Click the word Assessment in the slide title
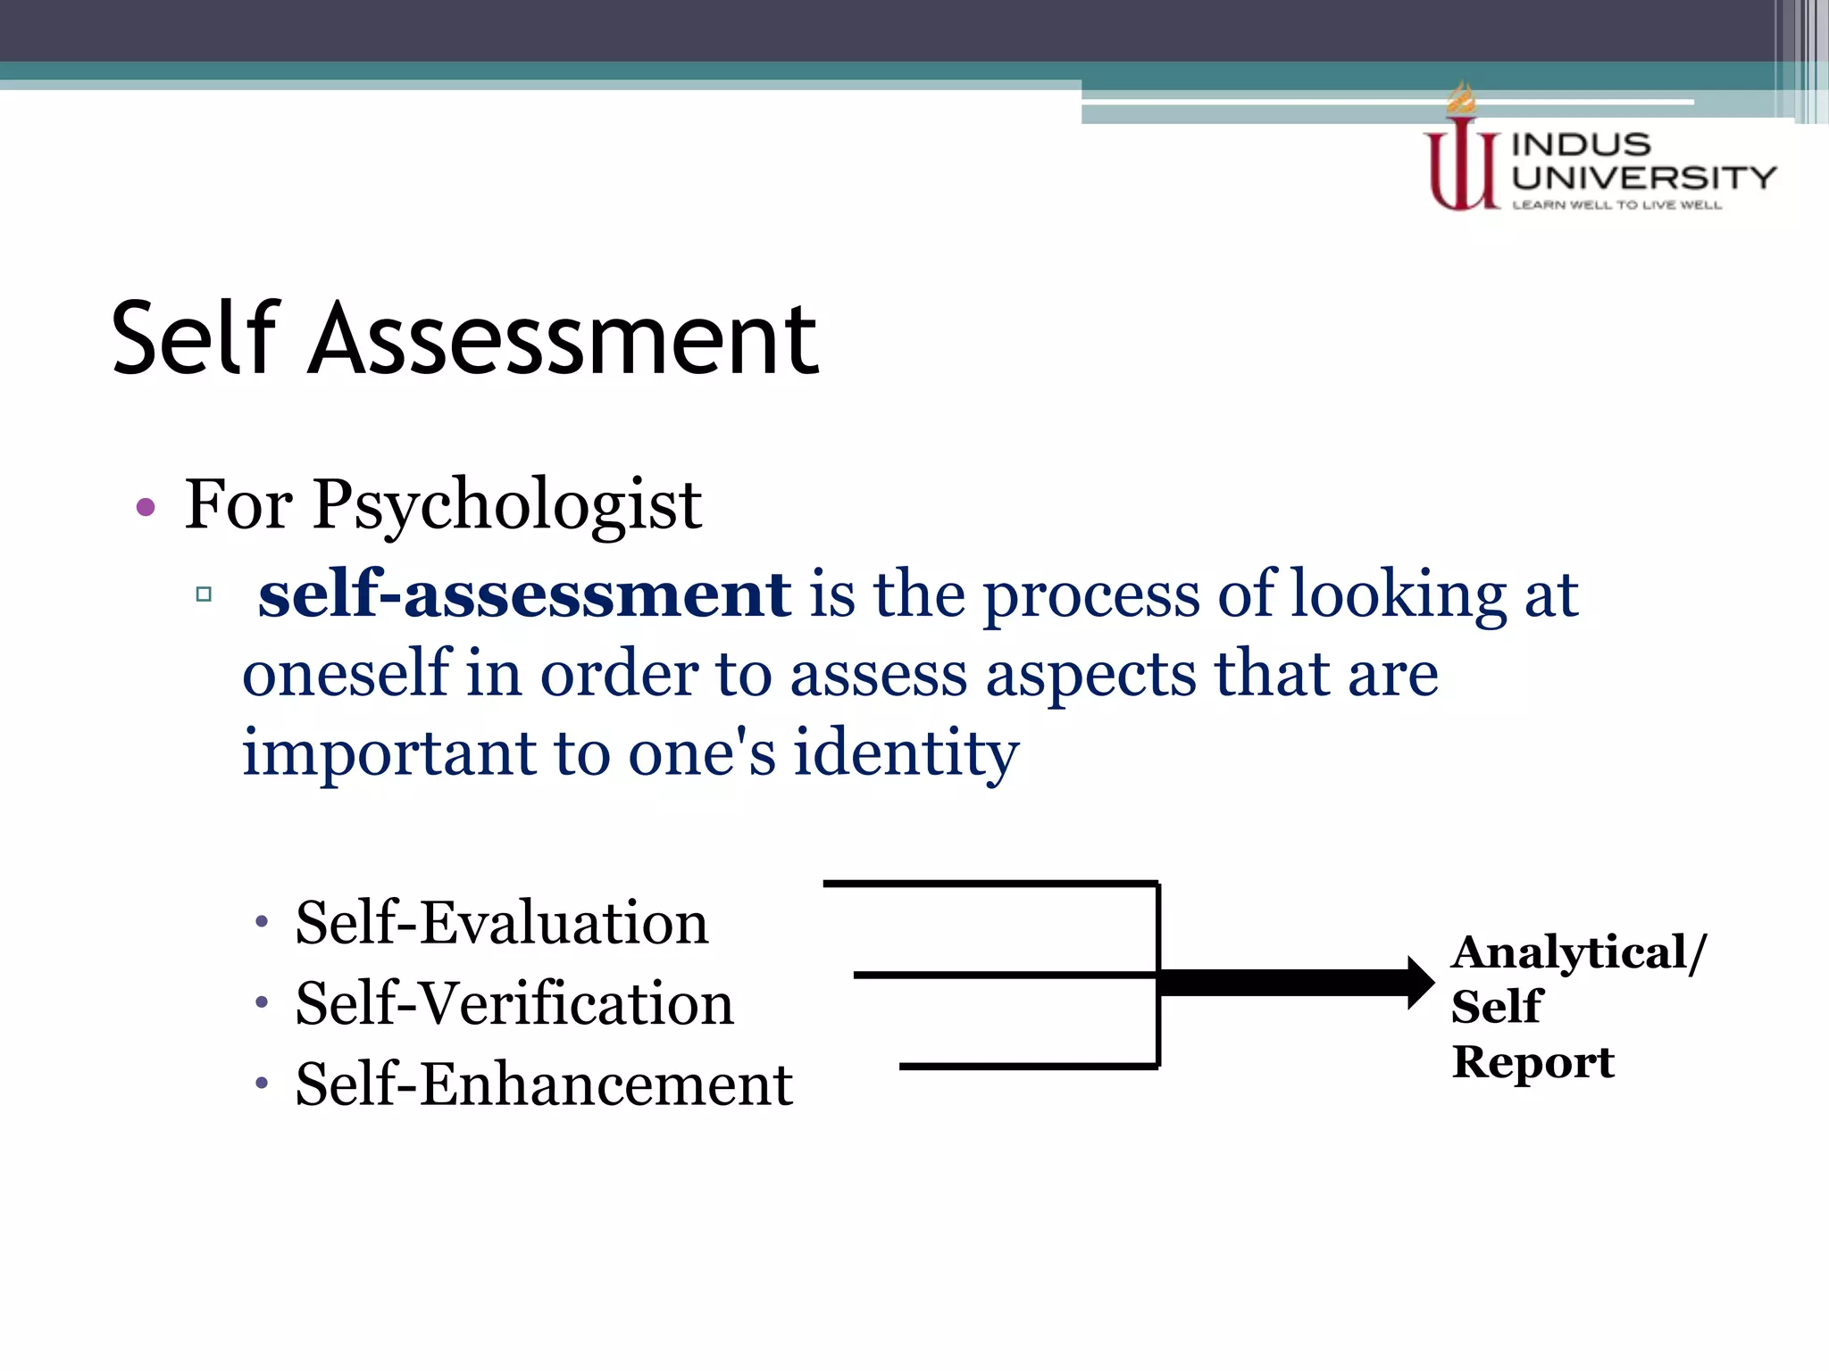(563, 339)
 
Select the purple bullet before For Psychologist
(146, 508)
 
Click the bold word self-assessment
(524, 594)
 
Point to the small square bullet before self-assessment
(204, 594)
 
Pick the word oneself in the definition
(346, 673)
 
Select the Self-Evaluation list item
(501, 922)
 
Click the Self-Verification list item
(514, 1003)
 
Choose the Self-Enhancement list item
(543, 1084)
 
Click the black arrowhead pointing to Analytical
(1420, 983)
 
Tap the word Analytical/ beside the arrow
(1578, 952)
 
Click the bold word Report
(1533, 1062)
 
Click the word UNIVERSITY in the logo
(1643, 177)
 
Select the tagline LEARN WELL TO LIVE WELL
(1616, 205)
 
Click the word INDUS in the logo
(1581, 145)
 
